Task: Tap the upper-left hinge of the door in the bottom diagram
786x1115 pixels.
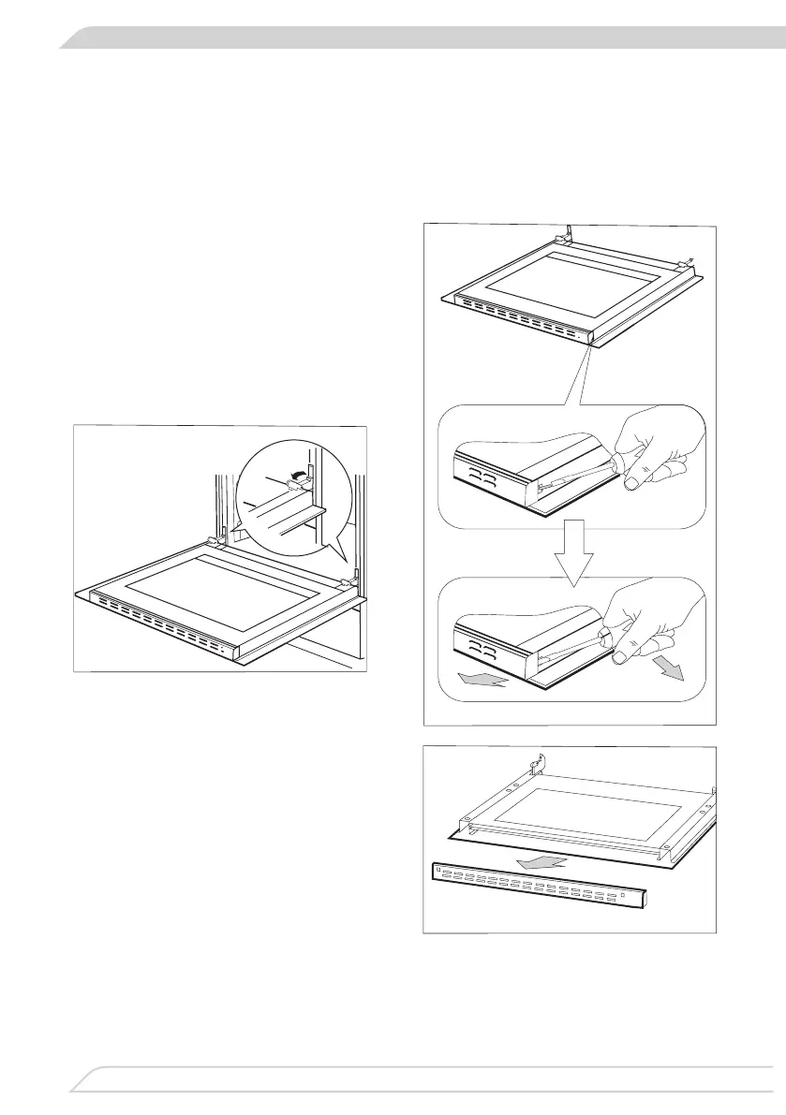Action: [536, 767]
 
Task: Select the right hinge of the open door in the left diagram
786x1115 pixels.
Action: [348, 583]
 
